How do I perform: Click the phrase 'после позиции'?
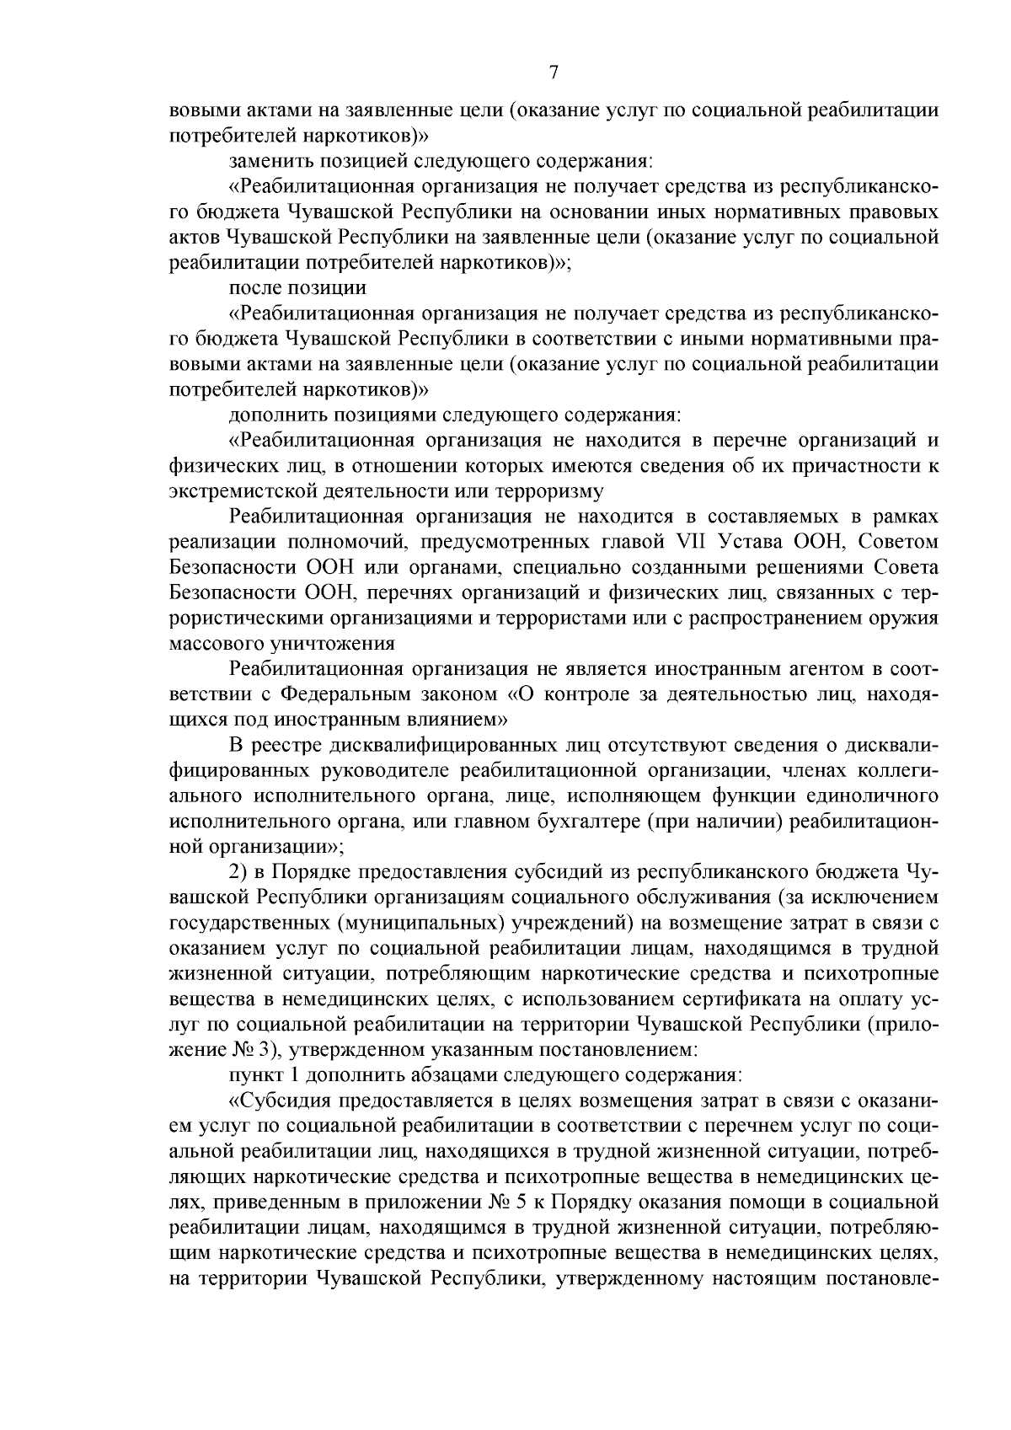click(x=297, y=287)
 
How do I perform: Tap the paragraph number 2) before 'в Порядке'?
click(x=238, y=871)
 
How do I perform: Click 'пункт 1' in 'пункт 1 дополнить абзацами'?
click(x=263, y=1075)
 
